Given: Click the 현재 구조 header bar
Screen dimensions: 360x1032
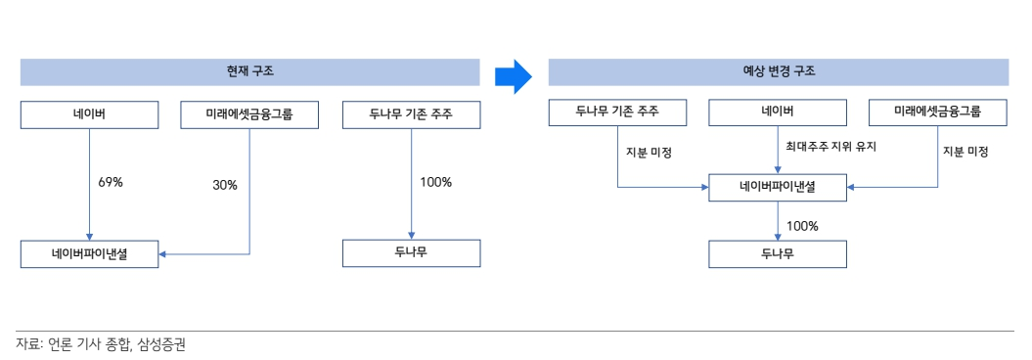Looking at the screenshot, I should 249,72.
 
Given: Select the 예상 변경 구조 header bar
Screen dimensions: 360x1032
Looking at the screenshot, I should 778,72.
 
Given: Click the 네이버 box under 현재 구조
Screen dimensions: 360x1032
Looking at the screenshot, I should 89,115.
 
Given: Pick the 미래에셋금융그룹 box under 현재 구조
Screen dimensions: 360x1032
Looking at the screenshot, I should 249,115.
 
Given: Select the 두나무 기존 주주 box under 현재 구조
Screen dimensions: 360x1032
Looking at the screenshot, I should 411,115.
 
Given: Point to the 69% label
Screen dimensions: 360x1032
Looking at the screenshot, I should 111,182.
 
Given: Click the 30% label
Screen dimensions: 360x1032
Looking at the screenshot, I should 225,185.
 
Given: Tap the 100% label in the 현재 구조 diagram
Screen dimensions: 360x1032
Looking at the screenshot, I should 435,182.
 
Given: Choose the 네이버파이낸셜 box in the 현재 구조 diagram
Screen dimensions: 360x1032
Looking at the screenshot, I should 89,254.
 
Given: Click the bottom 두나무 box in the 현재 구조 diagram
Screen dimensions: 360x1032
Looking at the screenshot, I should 411,253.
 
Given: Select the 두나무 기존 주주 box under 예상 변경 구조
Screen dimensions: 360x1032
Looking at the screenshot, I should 617,112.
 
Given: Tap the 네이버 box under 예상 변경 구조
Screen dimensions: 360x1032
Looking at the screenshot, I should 778,112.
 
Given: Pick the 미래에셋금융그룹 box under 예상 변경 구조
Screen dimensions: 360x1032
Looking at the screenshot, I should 938,112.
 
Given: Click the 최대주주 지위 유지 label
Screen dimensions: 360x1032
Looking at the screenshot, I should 830,147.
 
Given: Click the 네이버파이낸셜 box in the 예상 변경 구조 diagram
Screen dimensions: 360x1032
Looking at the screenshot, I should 778,185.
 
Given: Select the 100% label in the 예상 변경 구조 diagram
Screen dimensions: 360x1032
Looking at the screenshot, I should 802,226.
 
